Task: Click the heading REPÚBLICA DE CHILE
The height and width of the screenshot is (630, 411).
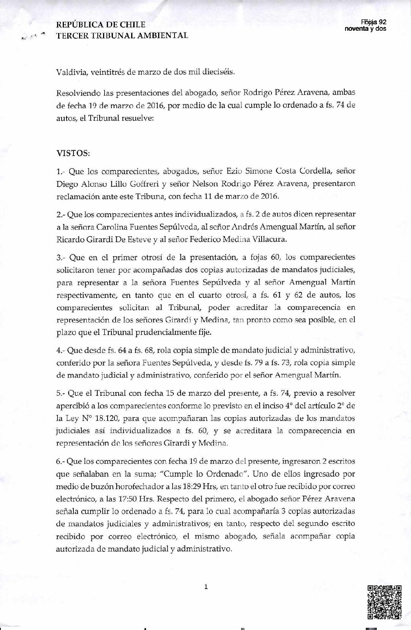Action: tap(101, 25)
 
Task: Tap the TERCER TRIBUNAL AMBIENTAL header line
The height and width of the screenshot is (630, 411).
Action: tap(122, 36)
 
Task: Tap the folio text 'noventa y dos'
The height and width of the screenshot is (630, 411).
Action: tap(365, 29)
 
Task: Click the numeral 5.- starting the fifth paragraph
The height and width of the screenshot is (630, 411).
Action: tap(61, 394)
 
